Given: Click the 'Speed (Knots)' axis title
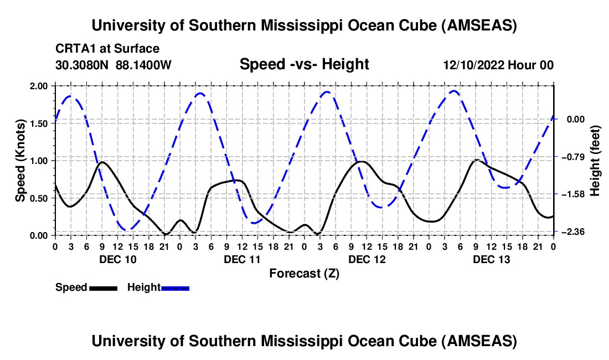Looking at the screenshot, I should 20,160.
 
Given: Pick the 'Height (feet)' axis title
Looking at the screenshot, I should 595,160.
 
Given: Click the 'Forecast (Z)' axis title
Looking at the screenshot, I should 304,273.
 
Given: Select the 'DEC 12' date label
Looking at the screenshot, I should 366,259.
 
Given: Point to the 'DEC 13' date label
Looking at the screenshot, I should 491,259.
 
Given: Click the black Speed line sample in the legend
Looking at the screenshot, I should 103,287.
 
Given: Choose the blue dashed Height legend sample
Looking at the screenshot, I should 175,287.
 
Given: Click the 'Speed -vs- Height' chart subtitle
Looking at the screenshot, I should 304,64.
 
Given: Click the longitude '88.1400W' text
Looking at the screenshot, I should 143,65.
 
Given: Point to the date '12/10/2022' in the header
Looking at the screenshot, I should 474,65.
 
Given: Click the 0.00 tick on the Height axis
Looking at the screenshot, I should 576,119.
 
